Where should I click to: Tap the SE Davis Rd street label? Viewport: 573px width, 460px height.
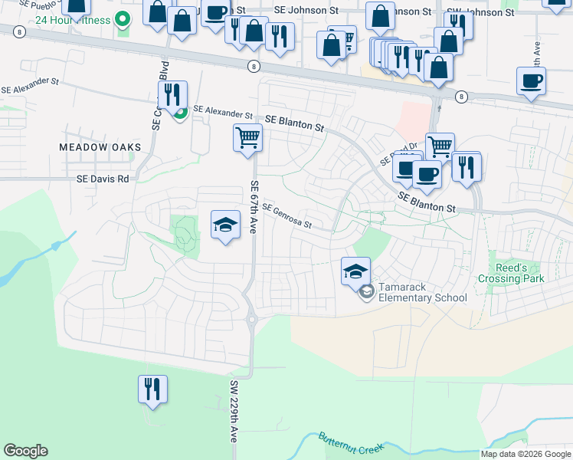pyautogui.click(x=103, y=179)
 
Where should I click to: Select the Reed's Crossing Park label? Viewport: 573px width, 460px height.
pyautogui.click(x=512, y=273)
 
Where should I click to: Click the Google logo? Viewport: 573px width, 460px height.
pyautogui.click(x=25, y=451)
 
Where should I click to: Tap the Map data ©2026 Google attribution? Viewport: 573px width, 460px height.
pyautogui.click(x=526, y=454)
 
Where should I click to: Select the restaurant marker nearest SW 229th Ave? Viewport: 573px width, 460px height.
pyautogui.click(x=152, y=389)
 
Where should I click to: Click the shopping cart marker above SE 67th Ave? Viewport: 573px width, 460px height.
pyautogui.click(x=247, y=139)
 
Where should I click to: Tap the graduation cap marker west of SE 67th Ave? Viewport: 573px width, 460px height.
pyautogui.click(x=225, y=225)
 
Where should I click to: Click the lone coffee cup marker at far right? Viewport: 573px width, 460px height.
pyautogui.click(x=531, y=81)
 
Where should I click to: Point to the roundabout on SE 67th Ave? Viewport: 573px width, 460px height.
pyautogui.click(x=250, y=320)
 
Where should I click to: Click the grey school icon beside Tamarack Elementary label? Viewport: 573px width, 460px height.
pyautogui.click(x=367, y=291)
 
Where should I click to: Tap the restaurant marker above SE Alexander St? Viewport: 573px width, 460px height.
pyautogui.click(x=172, y=94)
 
